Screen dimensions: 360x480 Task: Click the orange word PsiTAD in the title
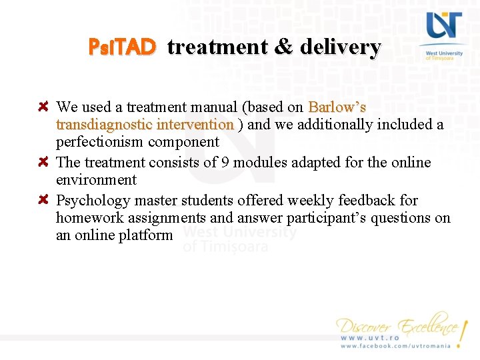[123, 47]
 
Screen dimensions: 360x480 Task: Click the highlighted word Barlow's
[337, 107]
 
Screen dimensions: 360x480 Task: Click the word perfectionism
[100, 142]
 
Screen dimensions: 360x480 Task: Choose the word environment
[96, 180]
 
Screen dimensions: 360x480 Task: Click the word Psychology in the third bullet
[93, 201]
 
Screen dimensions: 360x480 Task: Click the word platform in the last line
[145, 235]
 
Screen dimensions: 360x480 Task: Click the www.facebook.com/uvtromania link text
[396, 346]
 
